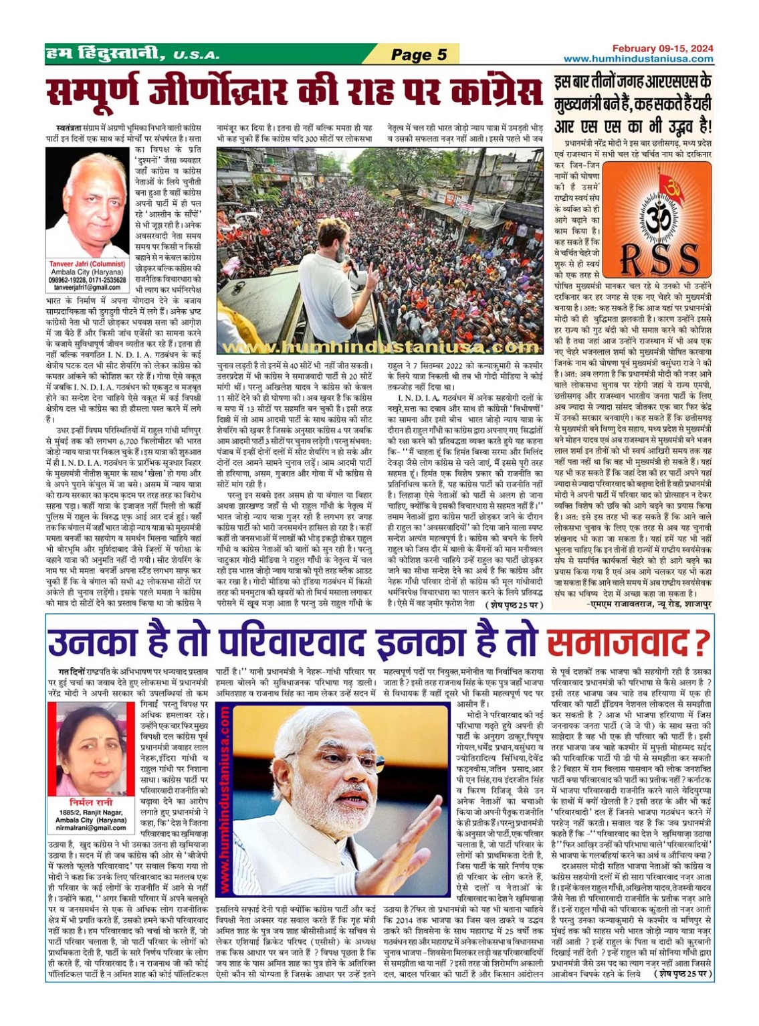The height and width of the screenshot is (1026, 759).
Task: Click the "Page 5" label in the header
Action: click(x=419, y=55)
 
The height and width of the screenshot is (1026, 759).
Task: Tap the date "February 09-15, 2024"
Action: click(x=663, y=48)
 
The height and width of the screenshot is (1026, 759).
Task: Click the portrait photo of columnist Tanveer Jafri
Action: click(x=87, y=203)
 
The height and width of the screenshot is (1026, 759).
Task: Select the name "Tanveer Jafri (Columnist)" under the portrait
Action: click(x=87, y=264)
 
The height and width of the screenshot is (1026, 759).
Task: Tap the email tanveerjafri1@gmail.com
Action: click(x=87, y=287)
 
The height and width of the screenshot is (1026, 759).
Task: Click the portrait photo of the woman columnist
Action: click(x=91, y=748)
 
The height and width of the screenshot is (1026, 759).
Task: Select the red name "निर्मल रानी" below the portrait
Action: click(x=91, y=802)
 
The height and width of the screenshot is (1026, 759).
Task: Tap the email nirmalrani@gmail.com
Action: click(x=91, y=828)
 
